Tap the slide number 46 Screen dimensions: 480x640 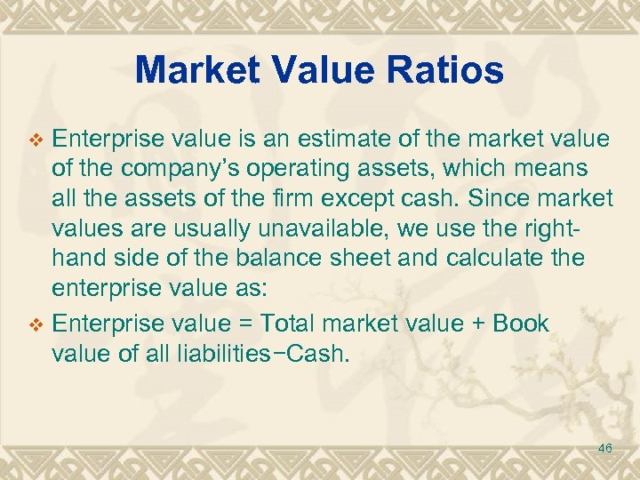click(605, 448)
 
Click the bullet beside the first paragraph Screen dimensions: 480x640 click(36, 140)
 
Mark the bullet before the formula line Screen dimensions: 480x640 click(36, 324)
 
